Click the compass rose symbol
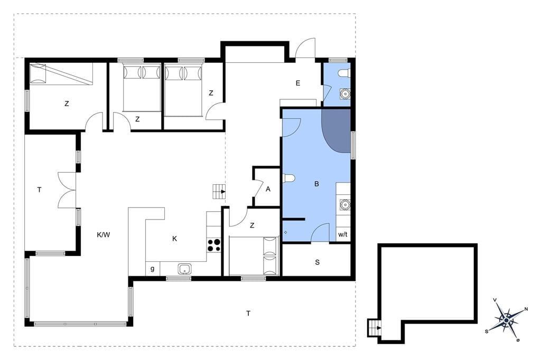(x=506, y=320)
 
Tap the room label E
(x=298, y=83)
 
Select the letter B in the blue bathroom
(x=317, y=184)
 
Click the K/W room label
(x=103, y=235)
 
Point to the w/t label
(x=342, y=235)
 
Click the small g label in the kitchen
(x=152, y=269)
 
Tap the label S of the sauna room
(x=317, y=262)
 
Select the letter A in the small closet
(x=268, y=189)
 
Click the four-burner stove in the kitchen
(x=213, y=245)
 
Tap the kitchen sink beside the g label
(x=185, y=269)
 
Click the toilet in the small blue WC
(x=344, y=73)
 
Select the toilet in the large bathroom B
(x=288, y=178)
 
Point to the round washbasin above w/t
(x=344, y=205)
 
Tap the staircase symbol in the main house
(x=219, y=192)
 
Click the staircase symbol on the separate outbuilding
(x=374, y=328)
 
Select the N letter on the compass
(x=526, y=309)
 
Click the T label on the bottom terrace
(x=248, y=314)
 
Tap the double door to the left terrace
(x=67, y=190)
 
